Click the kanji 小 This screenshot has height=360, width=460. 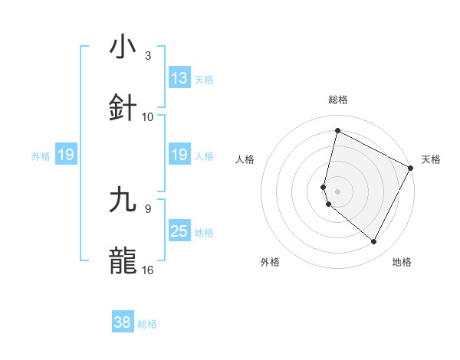point(123,48)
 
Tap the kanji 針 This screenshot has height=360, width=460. point(123,108)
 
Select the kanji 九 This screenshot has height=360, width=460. point(123,200)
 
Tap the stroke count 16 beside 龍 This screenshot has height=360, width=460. point(148,270)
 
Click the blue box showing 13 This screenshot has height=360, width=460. point(179,78)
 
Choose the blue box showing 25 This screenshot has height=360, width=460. point(179,231)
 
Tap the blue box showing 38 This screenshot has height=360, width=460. point(123,322)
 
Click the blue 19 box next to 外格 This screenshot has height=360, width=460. point(66,155)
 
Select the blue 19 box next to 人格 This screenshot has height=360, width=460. point(179,155)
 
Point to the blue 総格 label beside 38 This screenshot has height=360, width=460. point(147,324)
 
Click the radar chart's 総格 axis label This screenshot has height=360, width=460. point(338,100)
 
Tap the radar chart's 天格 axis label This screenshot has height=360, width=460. point(431,159)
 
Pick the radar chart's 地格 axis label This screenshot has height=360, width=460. point(402,262)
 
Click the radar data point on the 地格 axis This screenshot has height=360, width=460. point(374,242)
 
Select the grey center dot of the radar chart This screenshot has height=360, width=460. point(338,191)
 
